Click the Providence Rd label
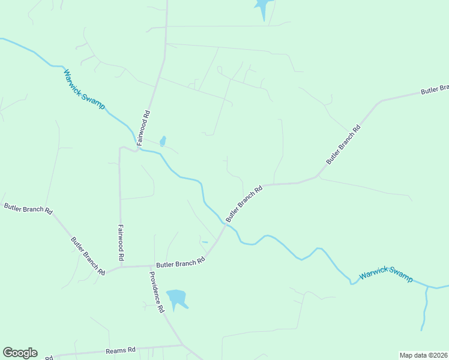click(157, 292)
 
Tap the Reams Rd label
click(121, 350)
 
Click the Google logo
click(20, 353)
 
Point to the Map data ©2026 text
click(424, 355)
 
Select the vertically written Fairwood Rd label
click(121, 242)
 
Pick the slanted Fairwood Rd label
click(143, 128)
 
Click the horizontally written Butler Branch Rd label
click(181, 262)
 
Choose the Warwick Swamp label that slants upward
click(386, 276)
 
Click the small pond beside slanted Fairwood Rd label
click(163, 142)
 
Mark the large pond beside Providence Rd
click(176, 298)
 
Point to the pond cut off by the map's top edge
click(262, 8)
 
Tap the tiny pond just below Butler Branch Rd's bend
click(205, 242)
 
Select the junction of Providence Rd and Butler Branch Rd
click(149, 266)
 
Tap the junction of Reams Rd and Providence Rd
click(182, 345)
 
